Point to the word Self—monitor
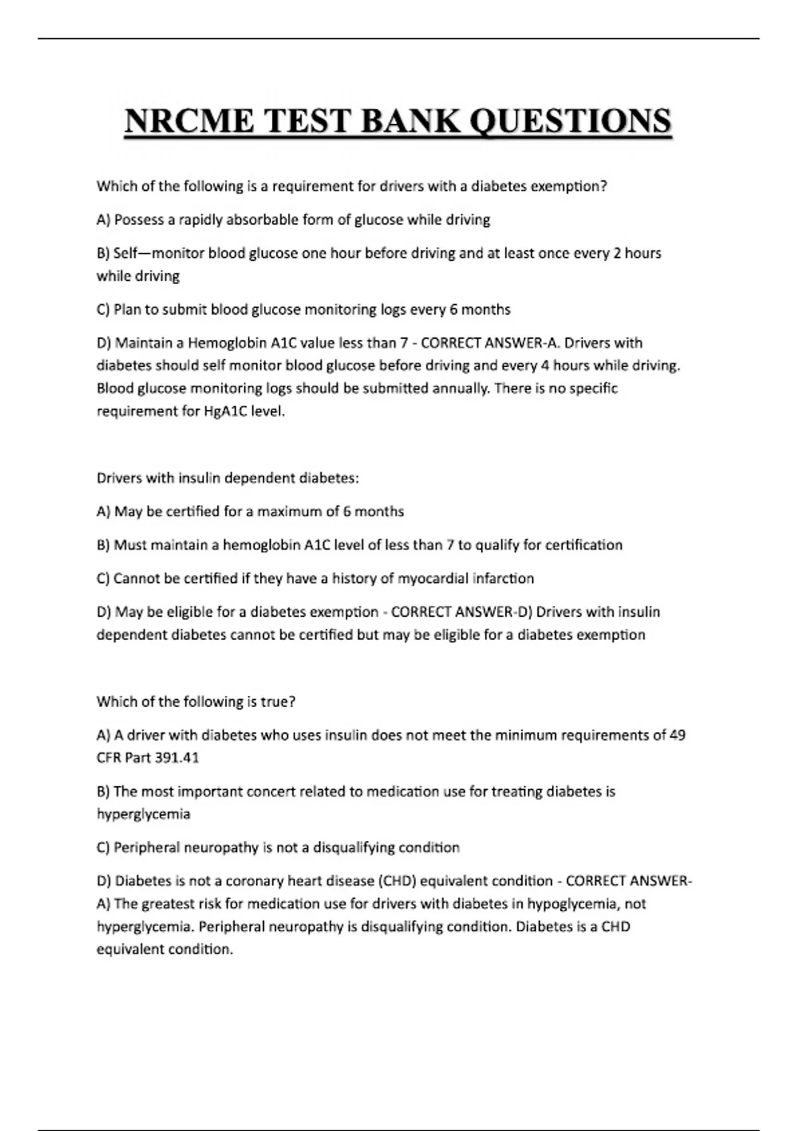[159, 253]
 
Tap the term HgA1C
[224, 411]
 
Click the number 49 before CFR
[678, 735]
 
